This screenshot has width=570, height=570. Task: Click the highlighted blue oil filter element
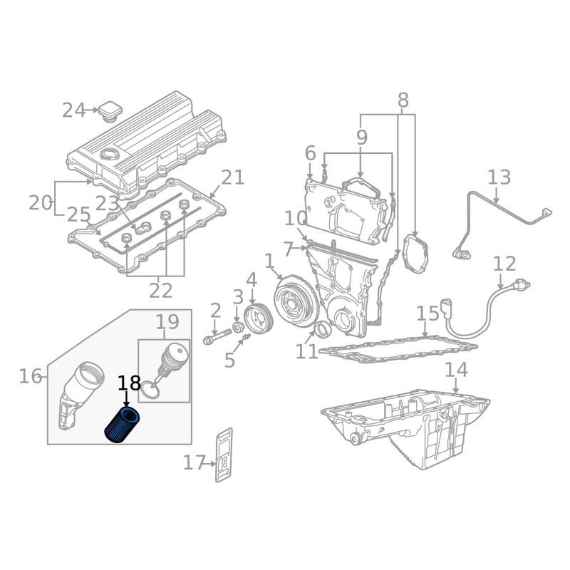122,425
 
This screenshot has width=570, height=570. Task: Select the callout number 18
129,383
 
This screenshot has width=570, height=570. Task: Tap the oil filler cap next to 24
110,110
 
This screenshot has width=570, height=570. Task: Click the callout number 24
74,110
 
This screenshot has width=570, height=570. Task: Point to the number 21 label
233,177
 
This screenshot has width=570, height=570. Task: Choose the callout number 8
403,100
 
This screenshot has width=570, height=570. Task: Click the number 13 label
499,177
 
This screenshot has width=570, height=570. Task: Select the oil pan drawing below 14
405,429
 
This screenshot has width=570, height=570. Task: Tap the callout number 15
427,313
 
